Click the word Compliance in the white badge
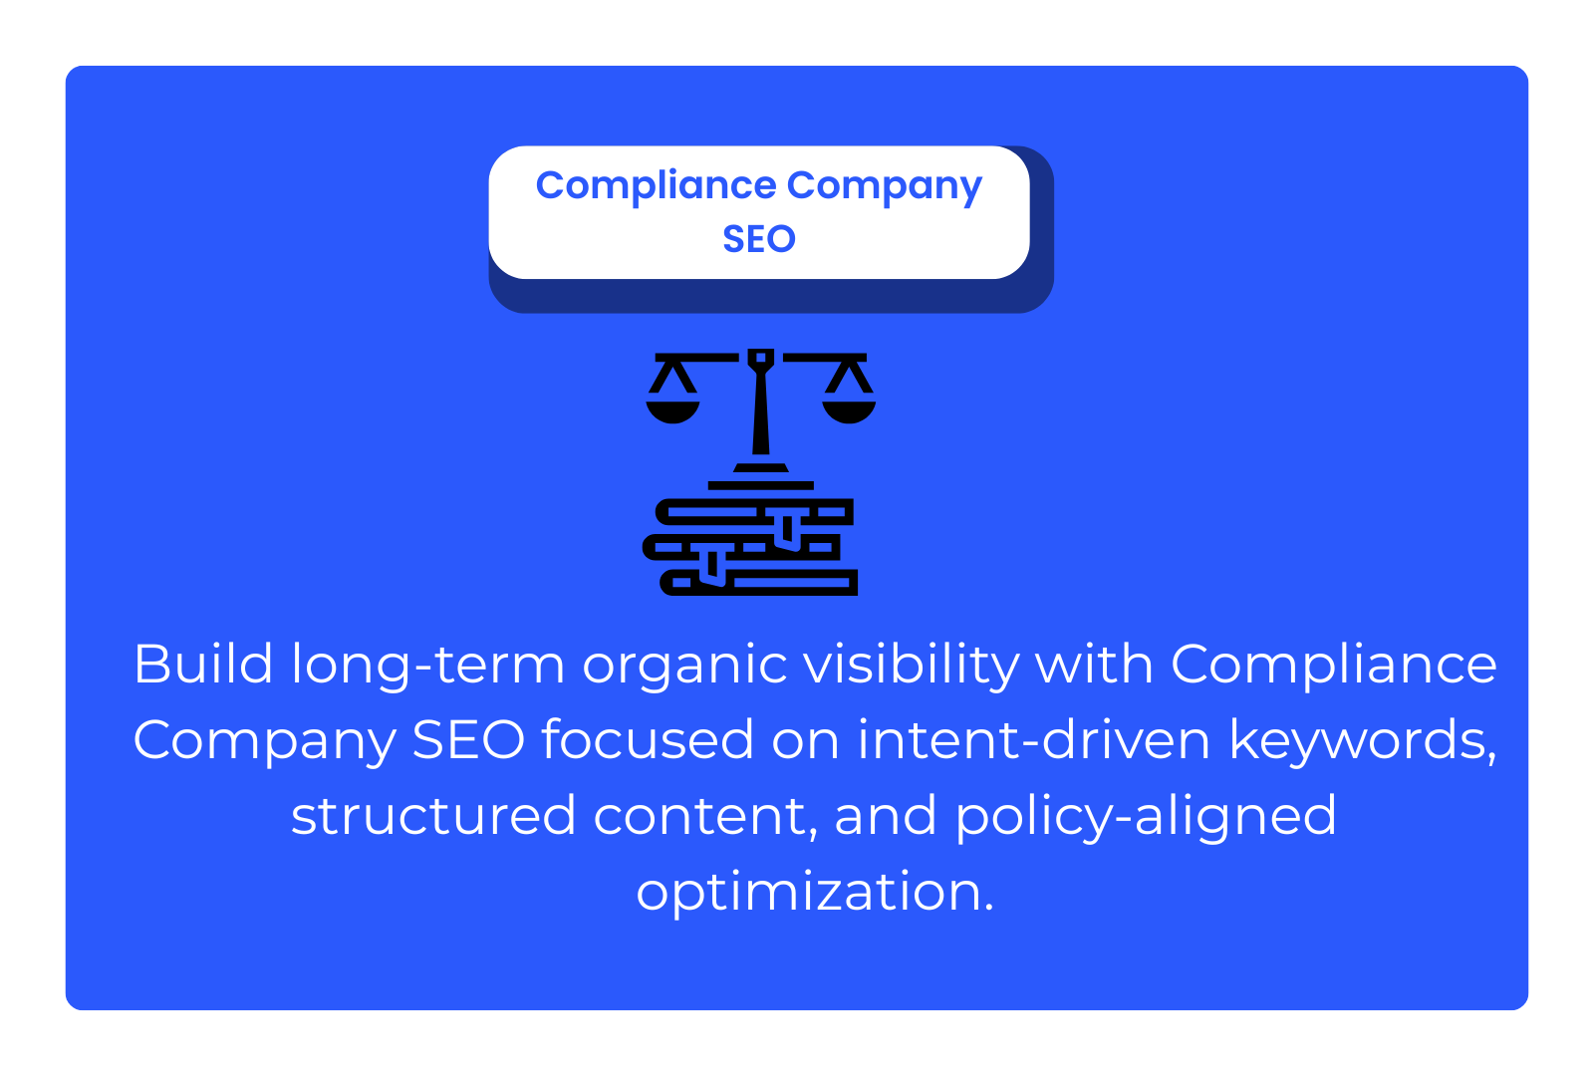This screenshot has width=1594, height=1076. pos(656,186)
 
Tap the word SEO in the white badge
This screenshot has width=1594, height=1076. pos(758,239)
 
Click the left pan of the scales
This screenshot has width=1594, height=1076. pos(672,412)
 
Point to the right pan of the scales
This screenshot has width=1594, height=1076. pos(849,412)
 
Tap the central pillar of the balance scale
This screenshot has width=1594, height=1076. pos(761,403)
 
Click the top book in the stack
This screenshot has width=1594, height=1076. pos(754,512)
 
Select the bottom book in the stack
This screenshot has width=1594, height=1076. pos(758,582)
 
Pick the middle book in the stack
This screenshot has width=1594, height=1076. pos(741,547)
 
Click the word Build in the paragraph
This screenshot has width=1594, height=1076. pos(203,664)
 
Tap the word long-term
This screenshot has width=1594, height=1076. pos(428,667)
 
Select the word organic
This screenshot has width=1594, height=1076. pos(684,668)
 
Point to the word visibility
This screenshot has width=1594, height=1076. pos(912,667)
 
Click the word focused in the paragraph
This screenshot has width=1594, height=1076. pos(648,740)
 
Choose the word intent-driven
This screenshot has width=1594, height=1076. pos(1034,740)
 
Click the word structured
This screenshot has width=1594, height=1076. pos(433,816)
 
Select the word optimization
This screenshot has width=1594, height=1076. pos(815,894)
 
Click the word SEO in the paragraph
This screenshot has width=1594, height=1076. pos(468,740)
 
